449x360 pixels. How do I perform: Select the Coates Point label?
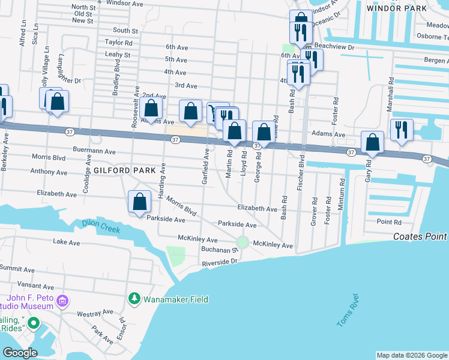(421, 236)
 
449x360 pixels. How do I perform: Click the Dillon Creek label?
(101, 227)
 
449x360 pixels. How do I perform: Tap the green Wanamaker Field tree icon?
(135, 298)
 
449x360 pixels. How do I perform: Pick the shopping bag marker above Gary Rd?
(373, 142)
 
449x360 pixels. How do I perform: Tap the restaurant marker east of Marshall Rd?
(400, 130)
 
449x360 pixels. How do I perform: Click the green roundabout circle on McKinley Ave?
(242, 242)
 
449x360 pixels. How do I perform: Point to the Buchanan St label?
(217, 250)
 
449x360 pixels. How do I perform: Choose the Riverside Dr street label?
(220, 262)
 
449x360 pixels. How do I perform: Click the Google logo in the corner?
(20, 353)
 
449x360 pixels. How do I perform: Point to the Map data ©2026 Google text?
(412, 355)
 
